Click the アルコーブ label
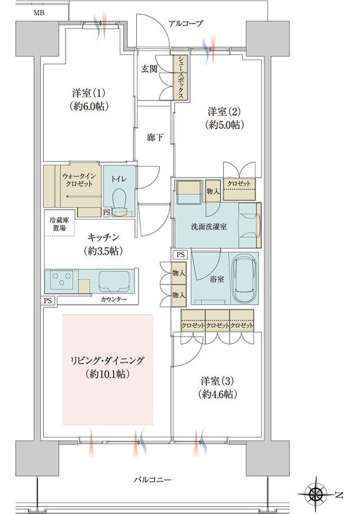click(186, 24)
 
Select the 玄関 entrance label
click(148, 68)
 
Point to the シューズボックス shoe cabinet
click(180, 77)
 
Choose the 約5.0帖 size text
click(226, 125)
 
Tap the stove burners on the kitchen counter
click(61, 280)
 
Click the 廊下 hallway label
click(155, 137)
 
